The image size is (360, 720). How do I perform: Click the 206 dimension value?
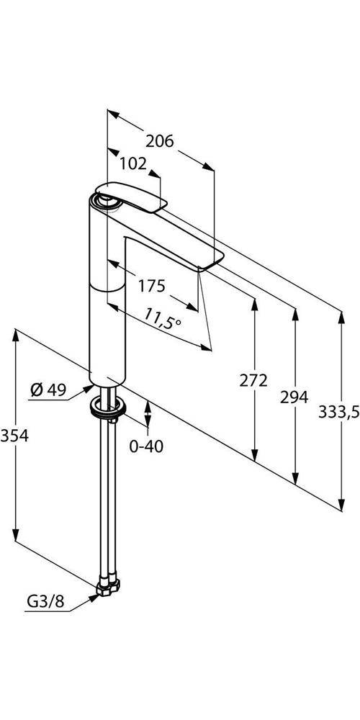click(159, 141)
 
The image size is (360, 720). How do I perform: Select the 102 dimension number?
click(132, 163)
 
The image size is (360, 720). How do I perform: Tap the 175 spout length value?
click(152, 286)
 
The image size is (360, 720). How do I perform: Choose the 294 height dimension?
click(295, 397)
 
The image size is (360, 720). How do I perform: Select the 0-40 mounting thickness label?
click(146, 446)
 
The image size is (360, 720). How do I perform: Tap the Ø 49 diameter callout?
click(48, 390)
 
